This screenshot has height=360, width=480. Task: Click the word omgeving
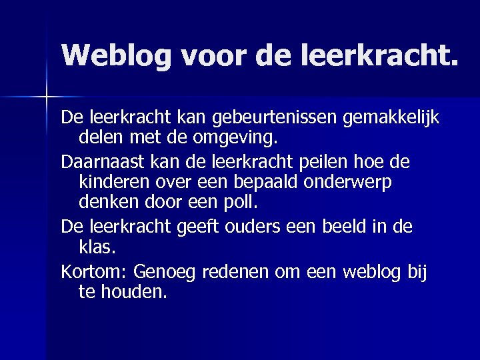(237, 139)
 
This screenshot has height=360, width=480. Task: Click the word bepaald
(287, 182)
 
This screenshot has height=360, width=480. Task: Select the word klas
(97, 247)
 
